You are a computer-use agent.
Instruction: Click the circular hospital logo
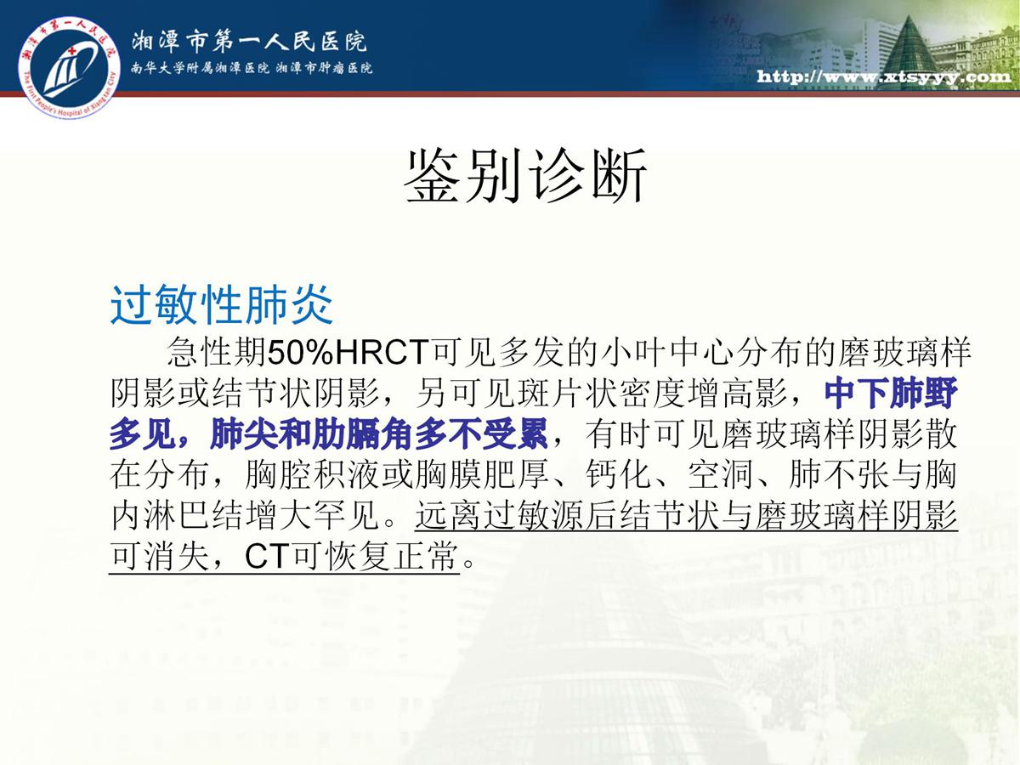[x=68, y=68]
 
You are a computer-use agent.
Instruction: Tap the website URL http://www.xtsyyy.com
[x=884, y=76]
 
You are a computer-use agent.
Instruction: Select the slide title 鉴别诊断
[x=525, y=176]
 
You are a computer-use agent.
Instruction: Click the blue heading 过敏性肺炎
[x=222, y=304]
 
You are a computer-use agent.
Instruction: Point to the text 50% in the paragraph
[x=301, y=353]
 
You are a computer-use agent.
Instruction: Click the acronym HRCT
[x=382, y=353]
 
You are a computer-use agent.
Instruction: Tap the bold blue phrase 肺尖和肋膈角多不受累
[x=379, y=433]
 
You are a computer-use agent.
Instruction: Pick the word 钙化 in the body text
[x=618, y=474]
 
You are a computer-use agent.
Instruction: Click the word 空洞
[x=720, y=474]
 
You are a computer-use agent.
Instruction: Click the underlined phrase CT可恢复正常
[x=351, y=556]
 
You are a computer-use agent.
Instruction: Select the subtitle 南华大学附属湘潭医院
[x=200, y=68]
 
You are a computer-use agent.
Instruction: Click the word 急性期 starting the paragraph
[x=217, y=353]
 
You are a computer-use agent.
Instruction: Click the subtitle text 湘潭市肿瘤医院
[x=325, y=68]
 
